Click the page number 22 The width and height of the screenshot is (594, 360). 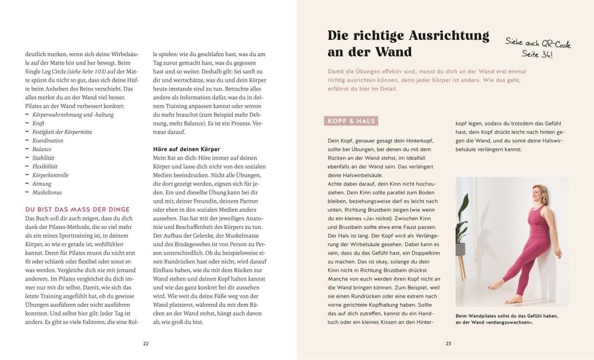146,344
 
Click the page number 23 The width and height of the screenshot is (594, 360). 448,344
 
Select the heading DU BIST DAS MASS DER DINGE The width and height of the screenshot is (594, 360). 78,209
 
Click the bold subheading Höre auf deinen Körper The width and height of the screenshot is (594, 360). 186,149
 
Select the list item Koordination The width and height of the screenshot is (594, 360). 48,141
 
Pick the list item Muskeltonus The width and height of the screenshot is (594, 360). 47,192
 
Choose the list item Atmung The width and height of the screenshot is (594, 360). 42,184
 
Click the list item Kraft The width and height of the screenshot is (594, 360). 38,123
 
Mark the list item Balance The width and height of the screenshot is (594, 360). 42,149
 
